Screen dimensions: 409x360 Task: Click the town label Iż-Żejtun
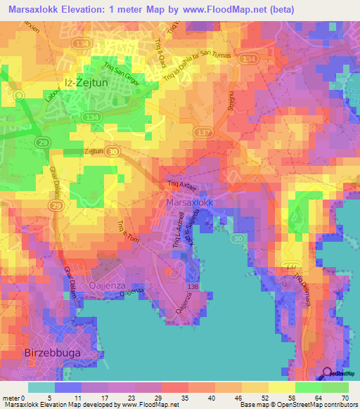click(x=89, y=79)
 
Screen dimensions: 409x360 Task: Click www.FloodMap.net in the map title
click(x=221, y=9)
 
